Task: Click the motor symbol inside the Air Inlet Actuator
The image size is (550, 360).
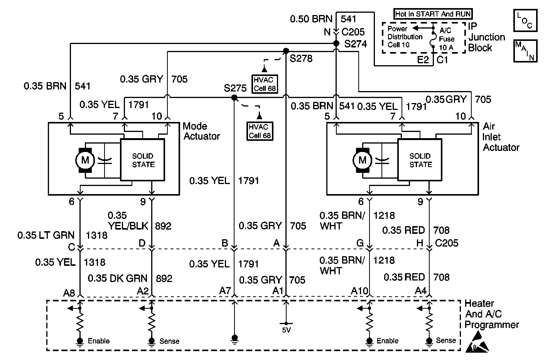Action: (x=362, y=160)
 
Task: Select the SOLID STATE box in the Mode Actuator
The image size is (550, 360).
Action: (x=143, y=160)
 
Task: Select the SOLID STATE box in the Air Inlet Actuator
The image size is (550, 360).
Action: (x=420, y=160)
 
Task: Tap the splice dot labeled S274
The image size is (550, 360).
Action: (x=336, y=44)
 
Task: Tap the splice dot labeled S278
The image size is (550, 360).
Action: (x=286, y=51)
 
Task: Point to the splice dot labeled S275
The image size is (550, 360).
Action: (x=234, y=98)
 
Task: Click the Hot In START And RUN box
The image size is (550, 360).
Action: (x=433, y=14)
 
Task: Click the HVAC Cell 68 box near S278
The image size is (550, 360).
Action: (x=264, y=84)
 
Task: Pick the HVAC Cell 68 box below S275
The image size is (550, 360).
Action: (x=260, y=131)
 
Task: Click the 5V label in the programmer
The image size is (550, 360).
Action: (x=286, y=330)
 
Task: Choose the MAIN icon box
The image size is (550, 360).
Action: (x=525, y=51)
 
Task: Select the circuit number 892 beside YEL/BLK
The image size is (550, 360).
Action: (x=163, y=226)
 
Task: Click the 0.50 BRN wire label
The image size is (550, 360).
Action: (x=311, y=19)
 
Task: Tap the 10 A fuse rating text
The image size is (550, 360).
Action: (x=446, y=47)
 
